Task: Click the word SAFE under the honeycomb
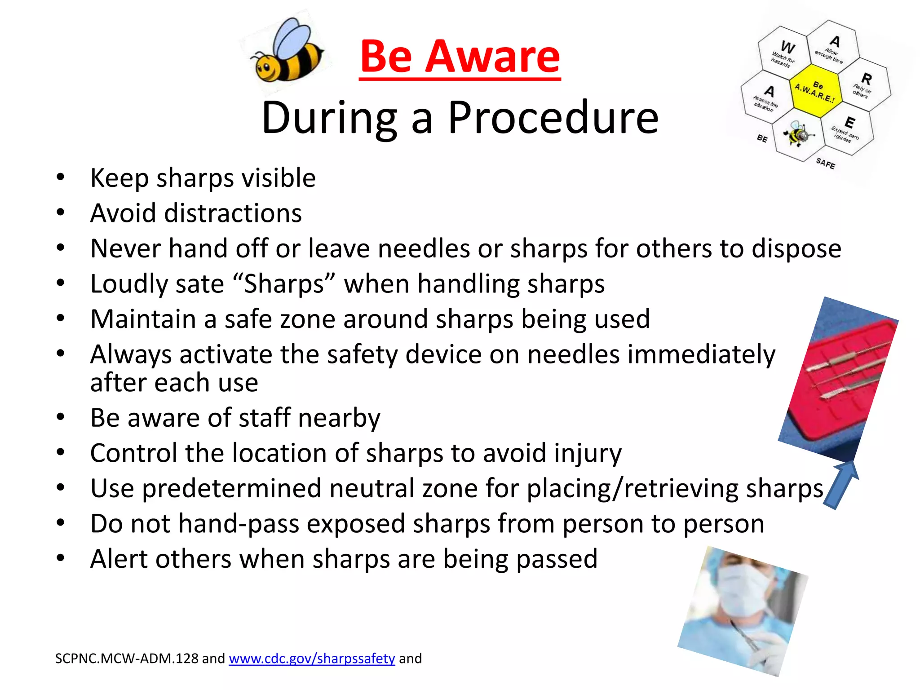pos(826,163)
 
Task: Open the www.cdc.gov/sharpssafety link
pos(312,659)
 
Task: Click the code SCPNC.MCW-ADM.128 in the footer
pos(127,659)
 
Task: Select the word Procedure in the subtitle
pos(553,118)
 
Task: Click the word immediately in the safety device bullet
pos(651,355)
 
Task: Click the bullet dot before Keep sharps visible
pos(60,177)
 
